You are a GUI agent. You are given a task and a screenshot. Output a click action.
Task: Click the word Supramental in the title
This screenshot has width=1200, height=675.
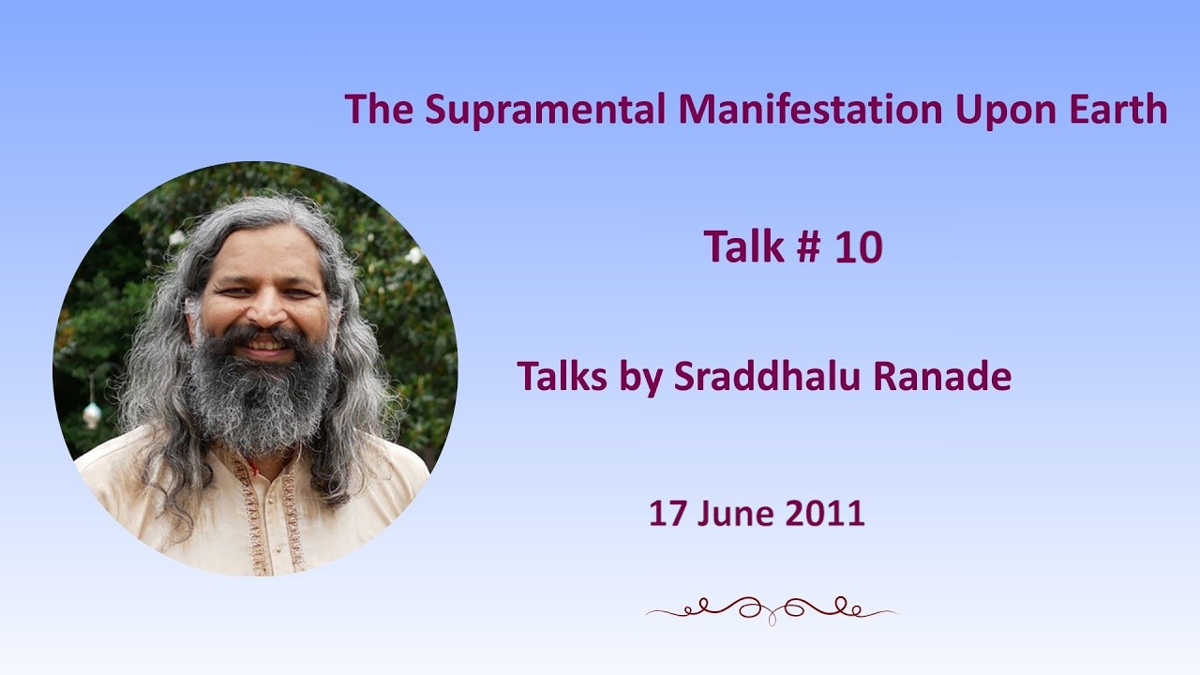tap(546, 111)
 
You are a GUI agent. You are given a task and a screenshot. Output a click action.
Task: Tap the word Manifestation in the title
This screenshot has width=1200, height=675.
tap(809, 109)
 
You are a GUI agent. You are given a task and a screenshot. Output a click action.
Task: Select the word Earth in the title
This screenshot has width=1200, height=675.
tap(1118, 109)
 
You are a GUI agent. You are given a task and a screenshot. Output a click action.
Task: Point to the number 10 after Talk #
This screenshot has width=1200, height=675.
tap(859, 247)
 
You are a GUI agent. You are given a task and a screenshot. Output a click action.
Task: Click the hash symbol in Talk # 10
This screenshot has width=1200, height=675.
tap(809, 247)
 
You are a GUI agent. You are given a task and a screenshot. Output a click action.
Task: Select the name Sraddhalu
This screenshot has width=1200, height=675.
tap(767, 376)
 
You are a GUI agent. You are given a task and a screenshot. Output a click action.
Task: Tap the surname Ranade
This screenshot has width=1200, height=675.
tap(942, 376)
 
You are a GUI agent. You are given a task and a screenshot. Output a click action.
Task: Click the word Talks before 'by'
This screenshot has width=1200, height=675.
tap(562, 376)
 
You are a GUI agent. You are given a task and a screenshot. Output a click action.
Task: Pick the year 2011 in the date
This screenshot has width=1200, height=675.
tap(825, 513)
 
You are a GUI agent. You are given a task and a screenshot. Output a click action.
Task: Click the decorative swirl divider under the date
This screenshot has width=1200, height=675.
tap(772, 610)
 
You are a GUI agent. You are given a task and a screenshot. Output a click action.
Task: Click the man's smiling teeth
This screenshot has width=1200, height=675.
tap(264, 343)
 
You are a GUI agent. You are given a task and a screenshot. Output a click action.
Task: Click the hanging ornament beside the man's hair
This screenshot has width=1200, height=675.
tap(92, 412)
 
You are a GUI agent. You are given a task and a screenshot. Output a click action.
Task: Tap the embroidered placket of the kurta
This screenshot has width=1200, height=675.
tap(272, 515)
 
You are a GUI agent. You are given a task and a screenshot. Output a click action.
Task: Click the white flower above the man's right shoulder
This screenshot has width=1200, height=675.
tap(414, 255)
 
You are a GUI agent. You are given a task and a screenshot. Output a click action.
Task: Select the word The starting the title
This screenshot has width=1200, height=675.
tap(379, 109)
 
